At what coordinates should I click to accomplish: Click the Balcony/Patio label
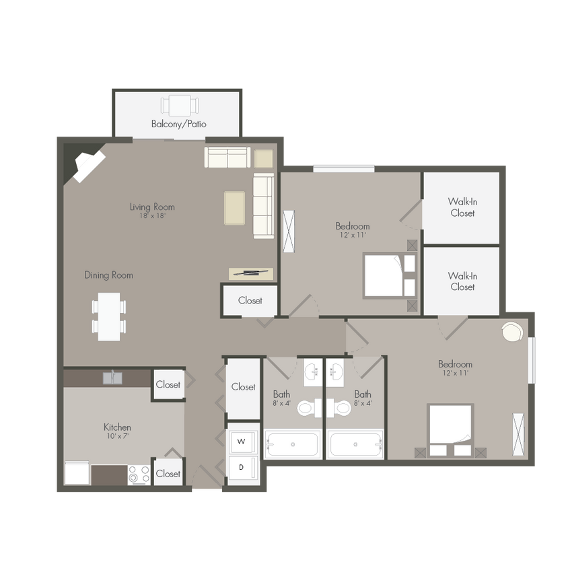point(178,124)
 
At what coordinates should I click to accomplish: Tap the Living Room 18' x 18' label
point(152,211)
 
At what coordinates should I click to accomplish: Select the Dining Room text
point(108,275)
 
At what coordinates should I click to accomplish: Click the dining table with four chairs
point(109,316)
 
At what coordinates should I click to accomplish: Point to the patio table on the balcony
point(180,106)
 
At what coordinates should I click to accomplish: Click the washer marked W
point(241,441)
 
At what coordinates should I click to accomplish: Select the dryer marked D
point(241,467)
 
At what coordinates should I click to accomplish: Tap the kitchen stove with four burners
point(139,474)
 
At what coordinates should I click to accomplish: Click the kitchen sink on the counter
point(112,378)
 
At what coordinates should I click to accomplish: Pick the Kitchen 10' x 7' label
point(117,431)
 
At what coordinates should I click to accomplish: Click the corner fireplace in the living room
point(85,165)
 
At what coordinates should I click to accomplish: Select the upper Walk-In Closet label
point(462,207)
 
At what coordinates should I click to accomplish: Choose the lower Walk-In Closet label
point(462,281)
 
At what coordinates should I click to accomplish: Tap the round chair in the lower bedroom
point(513,332)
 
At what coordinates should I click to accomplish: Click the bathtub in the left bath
point(293,445)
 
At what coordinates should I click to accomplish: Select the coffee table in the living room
point(234,208)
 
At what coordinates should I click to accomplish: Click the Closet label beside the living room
point(250,300)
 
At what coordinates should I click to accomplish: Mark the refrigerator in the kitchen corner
point(77,472)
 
